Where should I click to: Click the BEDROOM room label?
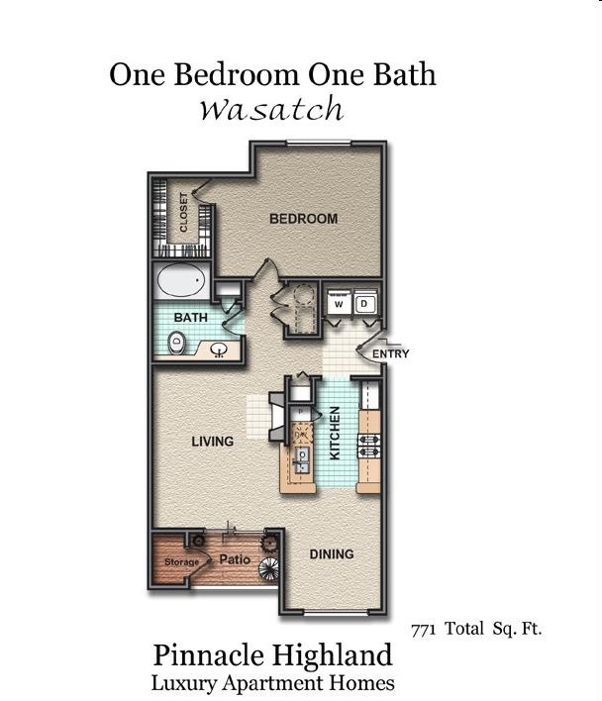click(x=303, y=219)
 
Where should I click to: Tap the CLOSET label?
click(x=183, y=212)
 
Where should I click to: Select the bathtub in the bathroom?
click(x=181, y=280)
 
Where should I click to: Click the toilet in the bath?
click(x=176, y=343)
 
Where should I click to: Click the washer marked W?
click(x=339, y=304)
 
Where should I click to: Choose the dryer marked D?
click(x=364, y=304)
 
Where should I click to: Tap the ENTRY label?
click(x=391, y=353)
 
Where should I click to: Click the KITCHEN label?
click(x=335, y=433)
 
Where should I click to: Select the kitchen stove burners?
click(x=368, y=446)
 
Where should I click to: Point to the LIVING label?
click(x=213, y=442)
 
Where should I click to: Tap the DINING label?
click(x=332, y=554)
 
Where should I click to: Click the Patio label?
click(x=235, y=559)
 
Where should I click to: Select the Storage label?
click(x=181, y=562)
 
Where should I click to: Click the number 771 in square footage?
click(x=423, y=630)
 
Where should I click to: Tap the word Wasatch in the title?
click(x=271, y=109)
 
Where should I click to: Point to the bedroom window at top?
click(x=319, y=143)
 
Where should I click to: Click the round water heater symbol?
click(x=305, y=296)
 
